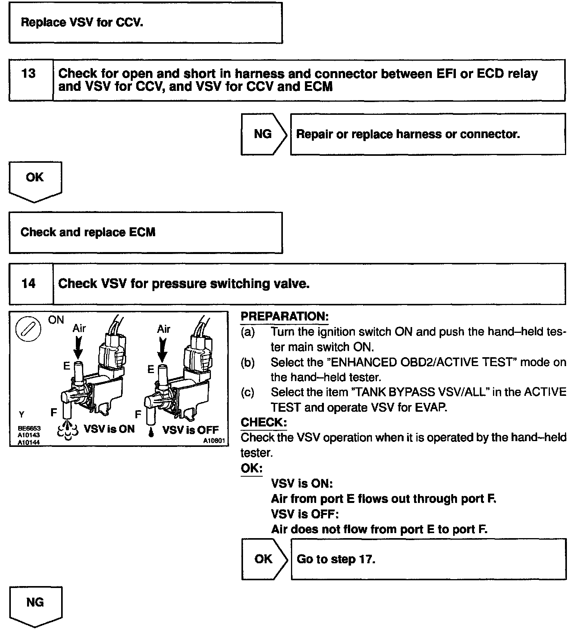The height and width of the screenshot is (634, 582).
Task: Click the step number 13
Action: pos(29,73)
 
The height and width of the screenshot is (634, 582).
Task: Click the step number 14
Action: pos(29,283)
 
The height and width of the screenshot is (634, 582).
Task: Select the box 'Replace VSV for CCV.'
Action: pos(145,23)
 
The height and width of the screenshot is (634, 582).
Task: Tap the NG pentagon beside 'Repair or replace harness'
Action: pos(264,134)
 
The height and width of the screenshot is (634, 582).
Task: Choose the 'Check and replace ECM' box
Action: pos(145,232)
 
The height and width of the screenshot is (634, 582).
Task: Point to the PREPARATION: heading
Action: pos(284,316)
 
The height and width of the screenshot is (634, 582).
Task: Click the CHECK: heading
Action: pos(264,422)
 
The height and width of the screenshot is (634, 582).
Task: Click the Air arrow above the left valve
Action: pos(78,346)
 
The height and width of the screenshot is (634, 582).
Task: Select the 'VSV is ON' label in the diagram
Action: pos(110,429)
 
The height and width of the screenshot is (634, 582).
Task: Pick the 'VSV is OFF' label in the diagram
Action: pos(190,430)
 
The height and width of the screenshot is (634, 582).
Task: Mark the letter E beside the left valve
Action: pos(67,366)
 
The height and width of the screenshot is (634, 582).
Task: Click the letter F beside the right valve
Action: pos(138,414)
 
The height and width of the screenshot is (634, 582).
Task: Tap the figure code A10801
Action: pos(214,441)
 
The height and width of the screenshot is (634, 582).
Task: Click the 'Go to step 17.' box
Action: pos(428,559)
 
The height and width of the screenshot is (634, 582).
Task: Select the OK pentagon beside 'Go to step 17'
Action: pos(264,559)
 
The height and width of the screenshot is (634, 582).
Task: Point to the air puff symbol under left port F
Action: pos(68,431)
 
